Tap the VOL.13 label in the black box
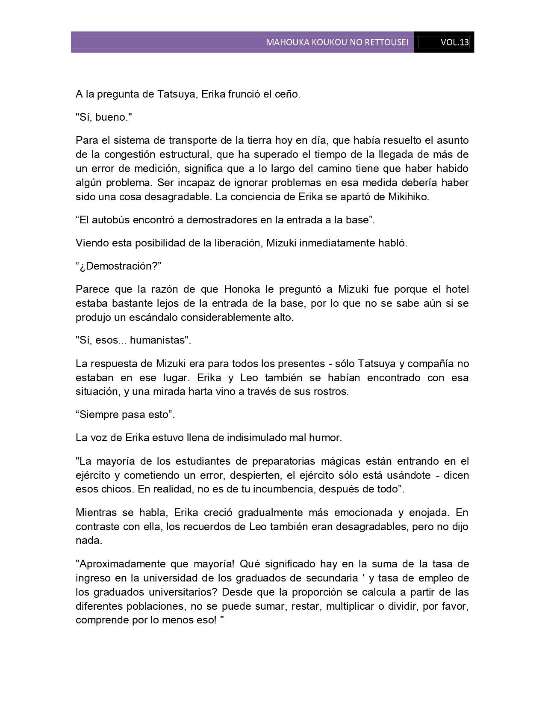click(454, 42)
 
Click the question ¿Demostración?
click(118, 266)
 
